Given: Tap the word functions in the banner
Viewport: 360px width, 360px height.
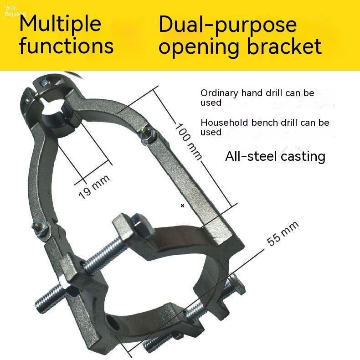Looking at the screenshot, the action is click(x=67, y=46).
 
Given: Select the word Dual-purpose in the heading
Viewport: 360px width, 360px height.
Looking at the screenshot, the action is click(x=227, y=25).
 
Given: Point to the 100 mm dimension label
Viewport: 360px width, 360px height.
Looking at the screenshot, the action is click(x=188, y=141).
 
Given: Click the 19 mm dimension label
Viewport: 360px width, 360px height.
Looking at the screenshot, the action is click(x=94, y=187).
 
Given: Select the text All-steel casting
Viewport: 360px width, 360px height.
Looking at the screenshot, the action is click(x=275, y=157).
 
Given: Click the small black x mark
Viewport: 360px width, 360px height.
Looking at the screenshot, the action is click(x=183, y=206).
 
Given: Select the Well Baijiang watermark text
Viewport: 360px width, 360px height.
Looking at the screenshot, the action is click(x=15, y=11).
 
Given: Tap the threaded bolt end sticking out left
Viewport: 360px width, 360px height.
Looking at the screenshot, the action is click(x=49, y=297).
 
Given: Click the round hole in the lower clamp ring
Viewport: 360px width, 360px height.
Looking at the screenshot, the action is click(x=113, y=323).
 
